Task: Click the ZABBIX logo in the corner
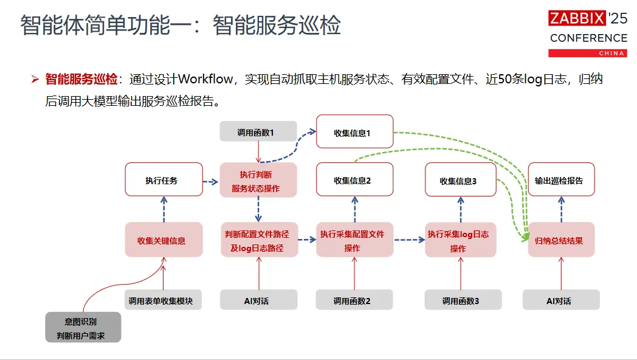(577, 18)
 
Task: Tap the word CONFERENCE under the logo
(588, 38)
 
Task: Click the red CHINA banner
(587, 53)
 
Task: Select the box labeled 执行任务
(164, 179)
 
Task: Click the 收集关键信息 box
(164, 240)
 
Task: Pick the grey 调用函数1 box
(258, 131)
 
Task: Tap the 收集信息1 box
(354, 131)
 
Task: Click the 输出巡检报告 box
(560, 179)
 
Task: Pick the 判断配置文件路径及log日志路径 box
(258, 241)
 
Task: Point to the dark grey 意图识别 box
(83, 327)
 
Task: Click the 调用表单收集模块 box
(164, 300)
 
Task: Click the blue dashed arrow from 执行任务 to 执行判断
(210, 181)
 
